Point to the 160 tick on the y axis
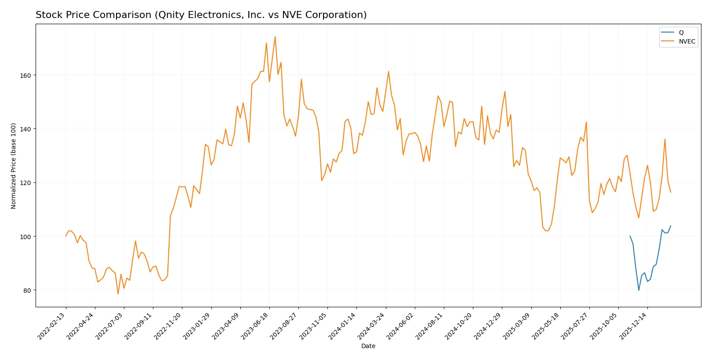click(x=25, y=76)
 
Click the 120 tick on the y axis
click(x=25, y=183)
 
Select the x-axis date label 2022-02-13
click(x=52, y=326)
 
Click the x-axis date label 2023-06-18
click(x=256, y=326)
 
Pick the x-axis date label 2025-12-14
click(x=634, y=326)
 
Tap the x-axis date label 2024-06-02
click(x=401, y=326)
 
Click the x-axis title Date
click(x=368, y=346)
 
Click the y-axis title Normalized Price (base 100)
click(x=14, y=166)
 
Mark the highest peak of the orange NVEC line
click(x=275, y=36)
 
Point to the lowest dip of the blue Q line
click(x=639, y=290)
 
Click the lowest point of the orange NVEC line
click(x=118, y=294)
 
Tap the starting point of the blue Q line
click(x=630, y=236)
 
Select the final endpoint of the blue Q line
click(x=671, y=226)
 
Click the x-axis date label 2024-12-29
click(x=488, y=326)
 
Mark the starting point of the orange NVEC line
click(x=66, y=236)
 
